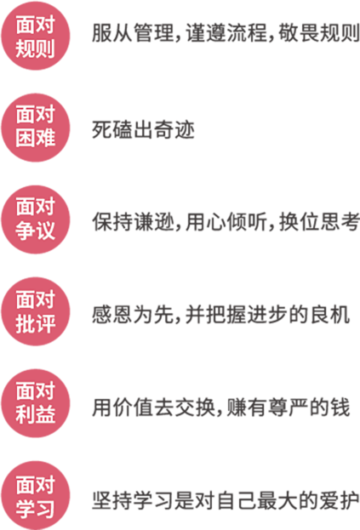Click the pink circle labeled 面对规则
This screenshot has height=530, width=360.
click(x=36, y=36)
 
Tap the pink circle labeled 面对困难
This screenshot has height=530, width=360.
click(x=36, y=128)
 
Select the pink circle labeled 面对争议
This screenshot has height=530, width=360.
click(x=36, y=219)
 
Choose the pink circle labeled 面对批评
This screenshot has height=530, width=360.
click(x=36, y=311)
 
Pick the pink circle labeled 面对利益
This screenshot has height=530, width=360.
click(x=36, y=403)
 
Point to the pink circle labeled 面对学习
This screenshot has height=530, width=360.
click(x=36, y=495)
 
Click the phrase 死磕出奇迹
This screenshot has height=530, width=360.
click(x=143, y=130)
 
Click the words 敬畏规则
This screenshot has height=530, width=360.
click(x=319, y=33)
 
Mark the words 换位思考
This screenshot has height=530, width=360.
click(x=319, y=222)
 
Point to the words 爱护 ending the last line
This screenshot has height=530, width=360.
click(x=340, y=500)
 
